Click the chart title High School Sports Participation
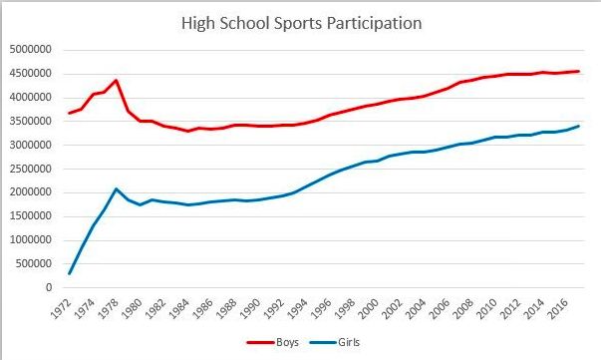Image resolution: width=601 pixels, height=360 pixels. pos(308,21)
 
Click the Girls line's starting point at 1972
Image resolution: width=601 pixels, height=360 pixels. pos(70,273)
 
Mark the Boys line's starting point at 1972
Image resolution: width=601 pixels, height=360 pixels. pos(70,113)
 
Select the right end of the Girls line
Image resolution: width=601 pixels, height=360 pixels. pos(579,126)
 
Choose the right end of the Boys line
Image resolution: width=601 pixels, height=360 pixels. pos(579,71)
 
